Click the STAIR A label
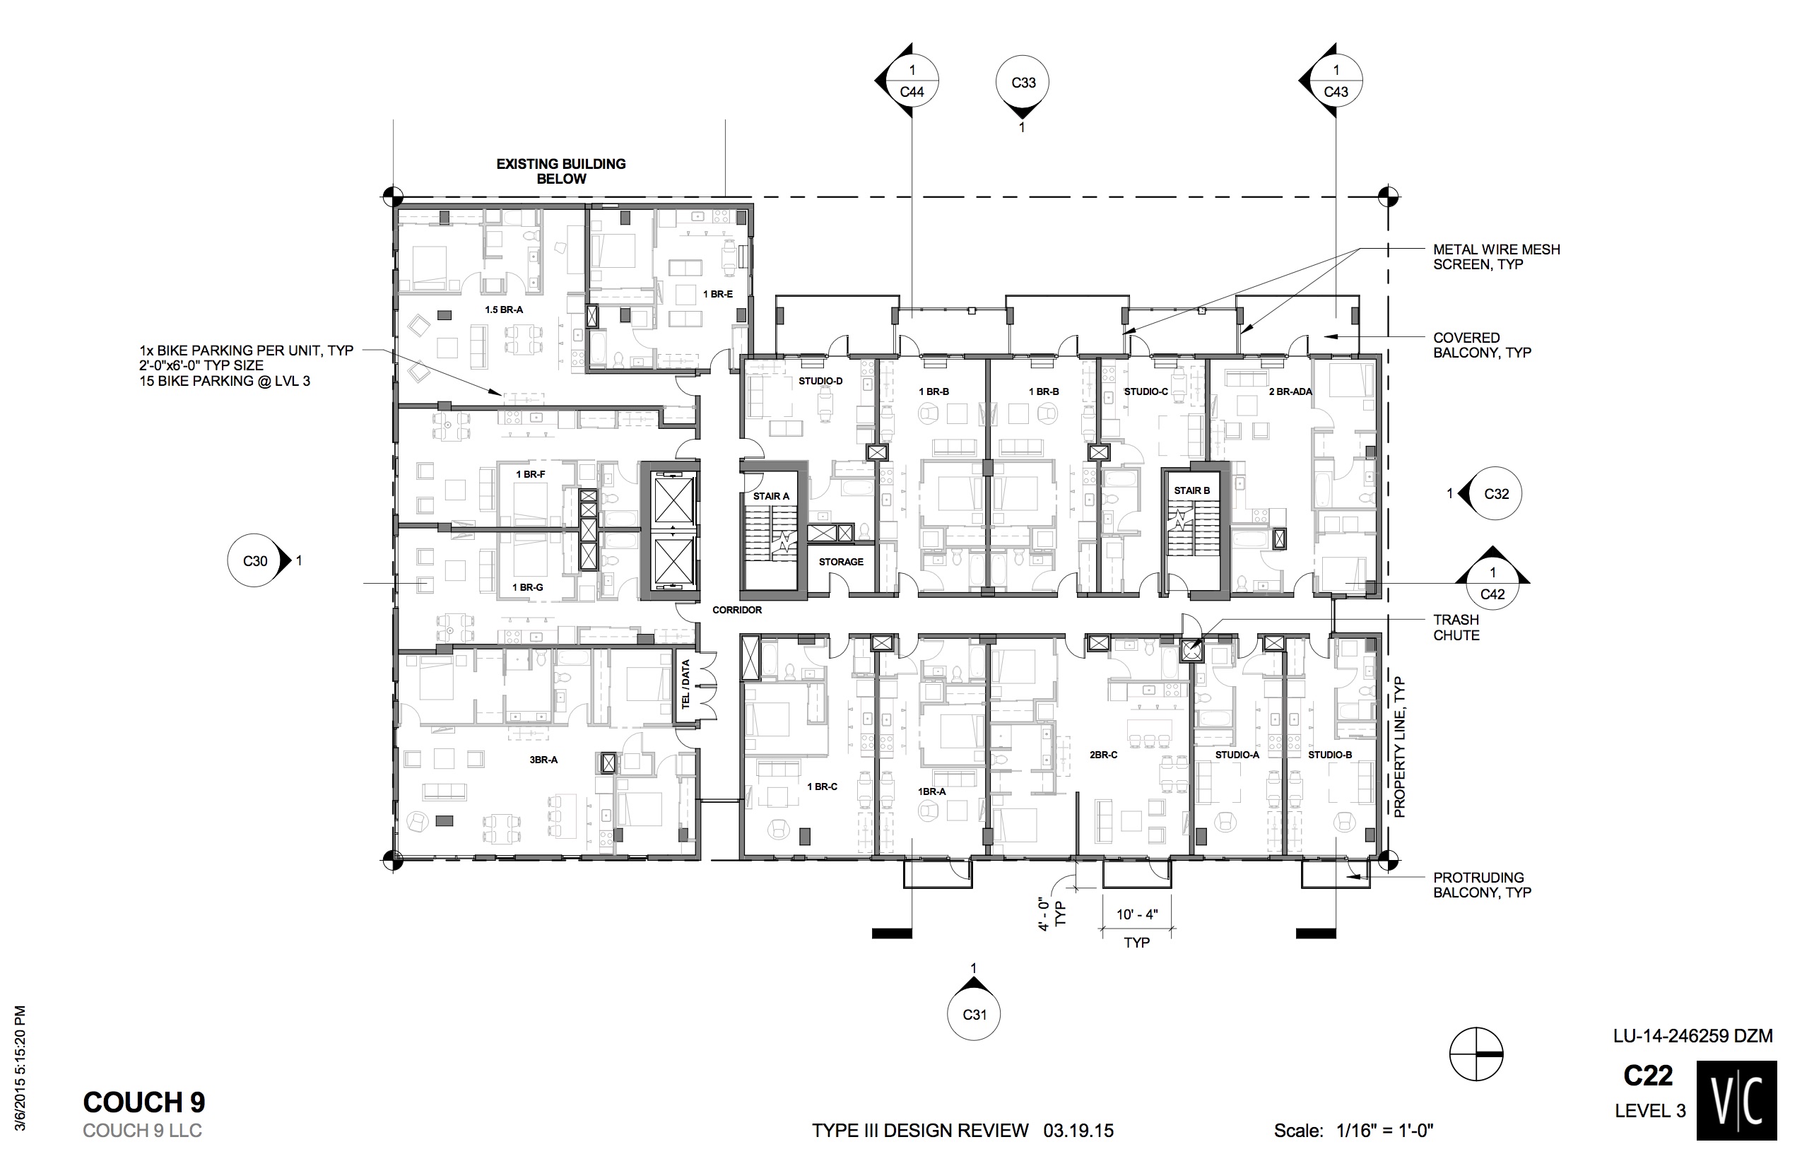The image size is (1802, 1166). (771, 496)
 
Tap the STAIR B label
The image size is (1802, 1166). (1191, 490)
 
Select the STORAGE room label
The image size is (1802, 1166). (840, 562)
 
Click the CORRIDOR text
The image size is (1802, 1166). (736, 609)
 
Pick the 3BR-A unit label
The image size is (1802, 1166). (543, 760)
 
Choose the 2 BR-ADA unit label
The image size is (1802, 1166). (1290, 391)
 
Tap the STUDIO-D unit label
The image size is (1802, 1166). (820, 381)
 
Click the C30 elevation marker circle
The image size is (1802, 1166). (255, 561)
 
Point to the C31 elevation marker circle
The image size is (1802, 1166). (974, 1014)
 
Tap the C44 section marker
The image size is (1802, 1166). (912, 82)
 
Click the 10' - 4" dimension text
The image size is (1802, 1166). (1136, 914)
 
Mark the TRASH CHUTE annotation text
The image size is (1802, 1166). (1456, 628)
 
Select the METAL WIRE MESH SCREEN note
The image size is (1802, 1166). (1496, 257)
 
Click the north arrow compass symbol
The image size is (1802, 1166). (1476, 1054)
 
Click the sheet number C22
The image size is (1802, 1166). (1647, 1076)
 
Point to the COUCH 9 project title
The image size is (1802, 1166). (144, 1102)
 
